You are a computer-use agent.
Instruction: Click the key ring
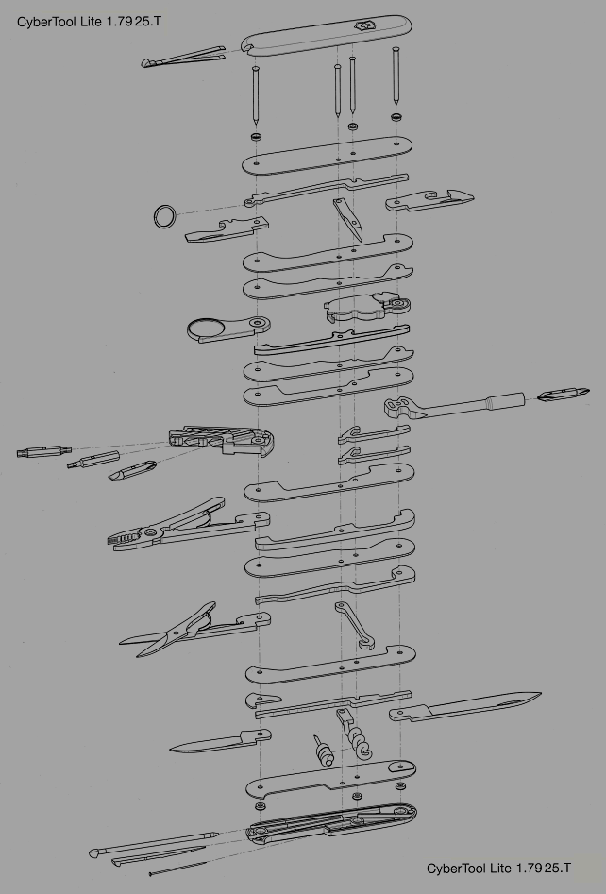[x=156, y=217]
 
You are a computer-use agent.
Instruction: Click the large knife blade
[x=464, y=706]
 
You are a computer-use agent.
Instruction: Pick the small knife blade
[x=220, y=742]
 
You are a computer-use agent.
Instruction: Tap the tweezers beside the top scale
[x=182, y=57]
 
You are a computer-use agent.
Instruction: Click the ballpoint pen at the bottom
[x=154, y=843]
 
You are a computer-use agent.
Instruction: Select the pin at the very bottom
[x=177, y=869]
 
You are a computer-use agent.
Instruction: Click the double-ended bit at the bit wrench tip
[x=564, y=394]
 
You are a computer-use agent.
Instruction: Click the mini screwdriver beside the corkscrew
[x=323, y=751]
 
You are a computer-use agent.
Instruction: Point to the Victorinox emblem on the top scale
[x=362, y=25]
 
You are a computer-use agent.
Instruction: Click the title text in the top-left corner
[x=89, y=22]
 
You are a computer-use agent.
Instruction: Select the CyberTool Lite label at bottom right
[x=498, y=868]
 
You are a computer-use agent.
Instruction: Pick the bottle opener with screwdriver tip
[x=429, y=199]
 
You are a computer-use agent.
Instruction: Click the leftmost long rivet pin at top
[x=256, y=94]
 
